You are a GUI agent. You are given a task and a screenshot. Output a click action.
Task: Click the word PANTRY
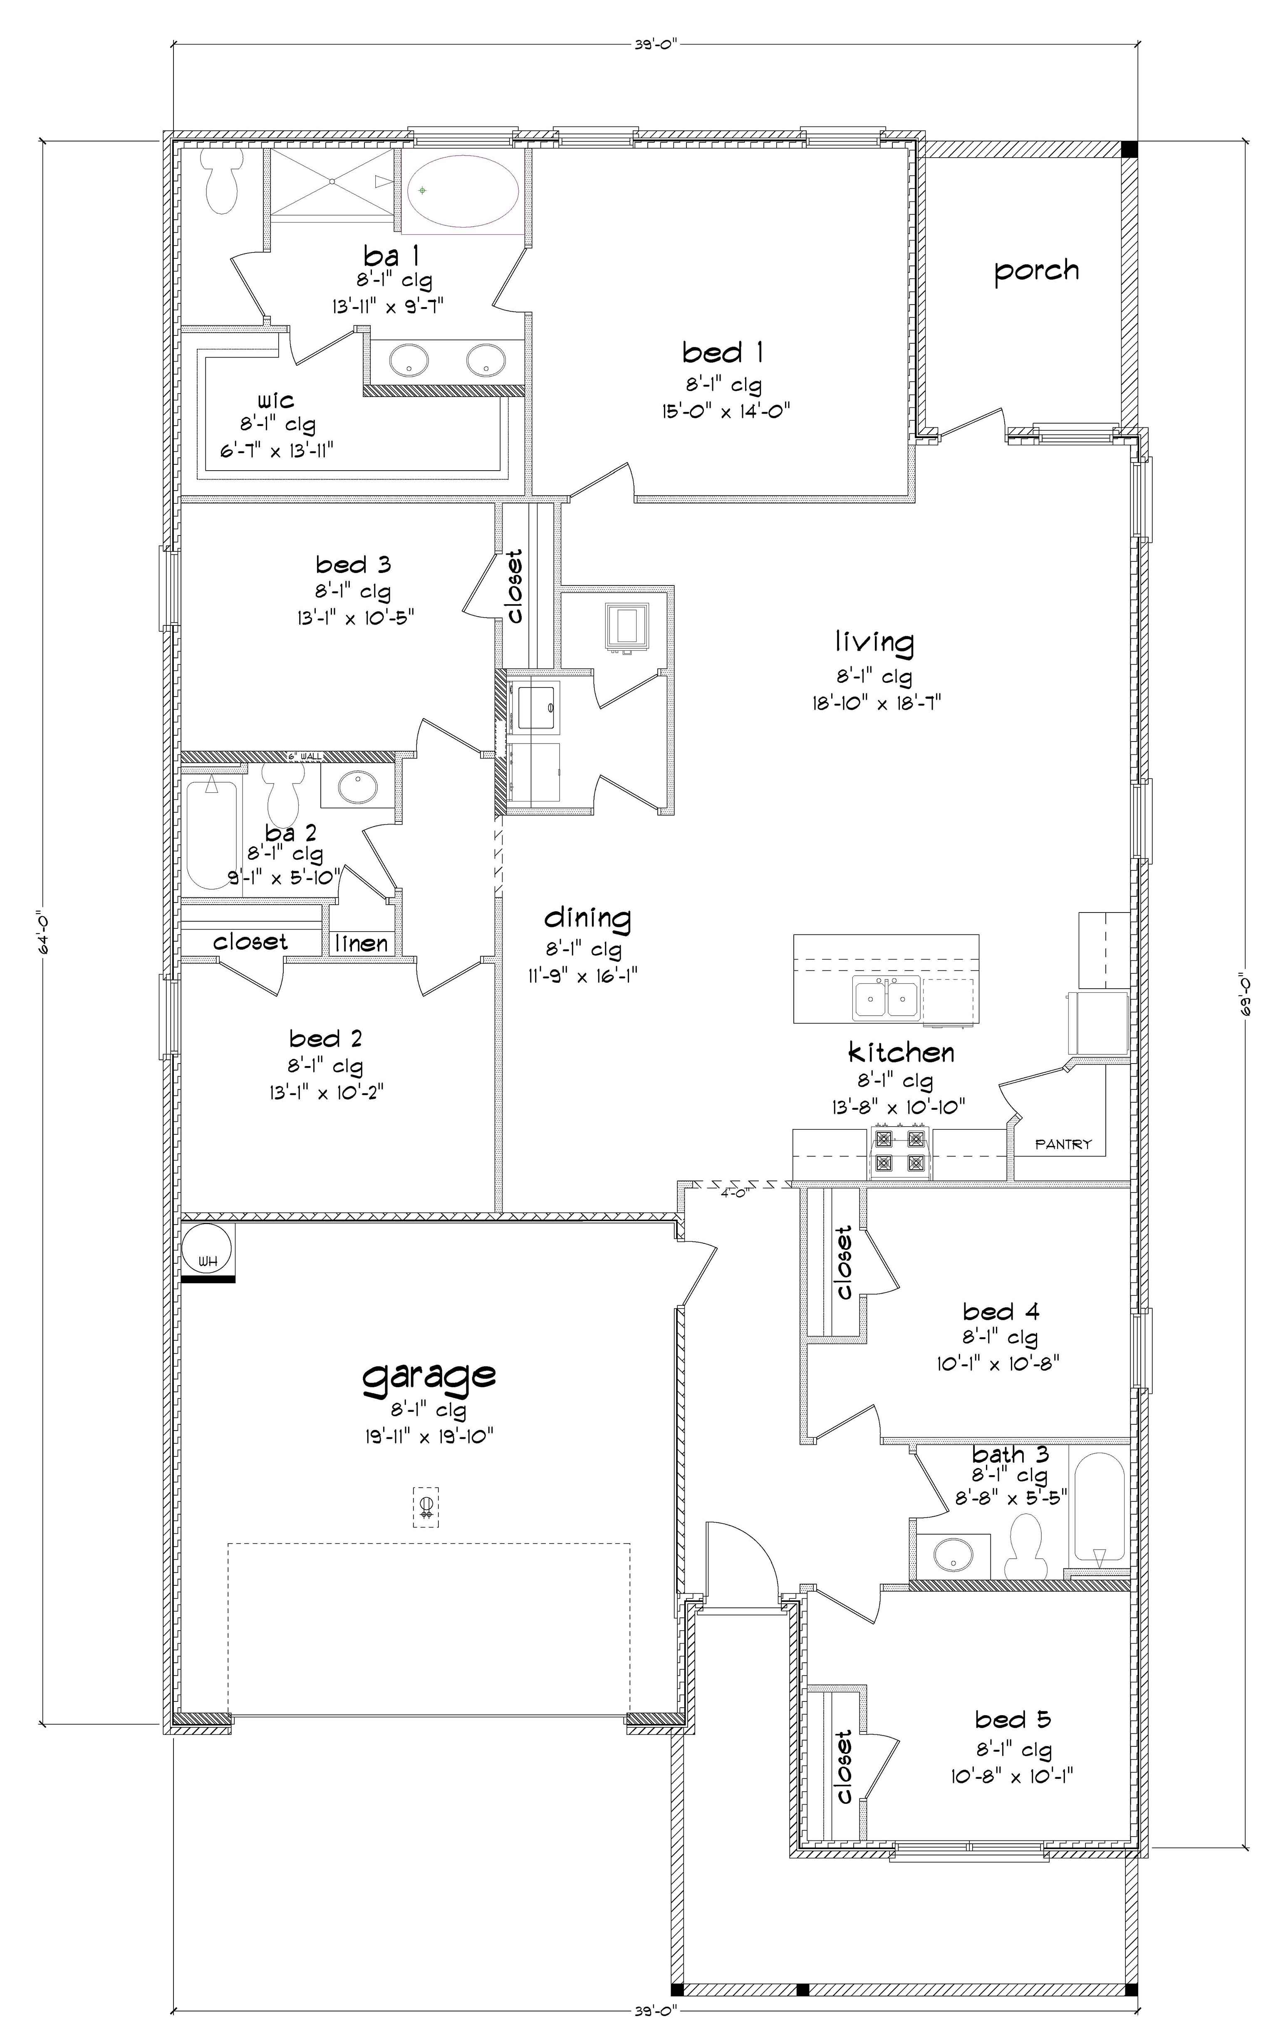[x=1063, y=1145]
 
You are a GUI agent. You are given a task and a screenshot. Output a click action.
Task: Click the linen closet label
[x=361, y=943]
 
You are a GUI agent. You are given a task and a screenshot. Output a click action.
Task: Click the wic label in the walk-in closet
[x=276, y=399]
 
